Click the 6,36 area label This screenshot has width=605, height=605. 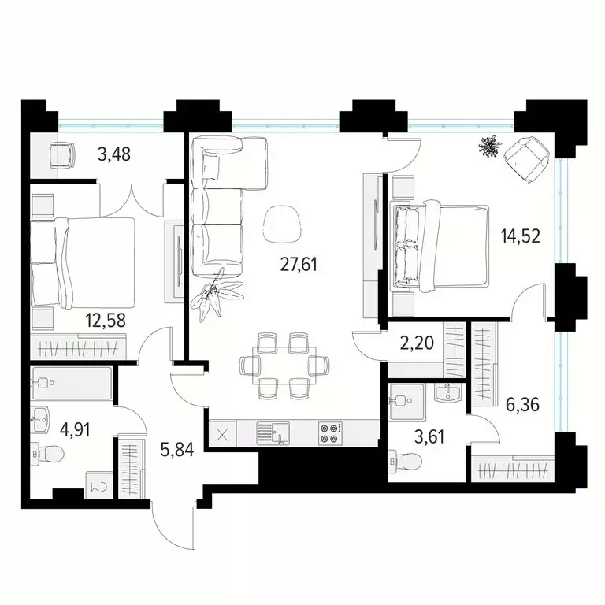coord(521,406)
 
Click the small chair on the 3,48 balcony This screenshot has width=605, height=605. coord(61,154)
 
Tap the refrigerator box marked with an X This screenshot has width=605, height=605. coord(221,433)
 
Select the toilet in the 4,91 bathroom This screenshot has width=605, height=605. coord(49,453)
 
